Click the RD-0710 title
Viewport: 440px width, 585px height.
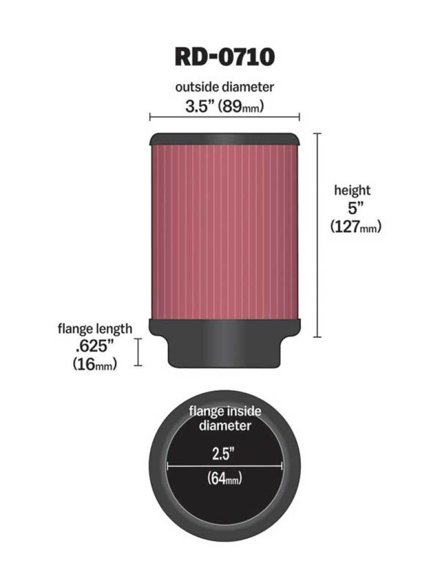(224, 57)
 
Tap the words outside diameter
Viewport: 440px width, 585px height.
(224, 87)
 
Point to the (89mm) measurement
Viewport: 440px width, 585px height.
(242, 106)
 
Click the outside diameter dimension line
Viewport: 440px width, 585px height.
(224, 116)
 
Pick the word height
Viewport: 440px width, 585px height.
(353, 191)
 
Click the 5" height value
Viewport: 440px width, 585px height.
(353, 209)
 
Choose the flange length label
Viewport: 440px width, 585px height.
(95, 329)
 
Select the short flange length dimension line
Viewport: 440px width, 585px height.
(139, 352)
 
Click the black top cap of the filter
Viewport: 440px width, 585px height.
(224, 139)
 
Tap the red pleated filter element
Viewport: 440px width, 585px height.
(224, 231)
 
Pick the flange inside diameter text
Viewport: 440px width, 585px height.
(225, 417)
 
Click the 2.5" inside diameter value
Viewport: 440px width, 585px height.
(225, 454)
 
